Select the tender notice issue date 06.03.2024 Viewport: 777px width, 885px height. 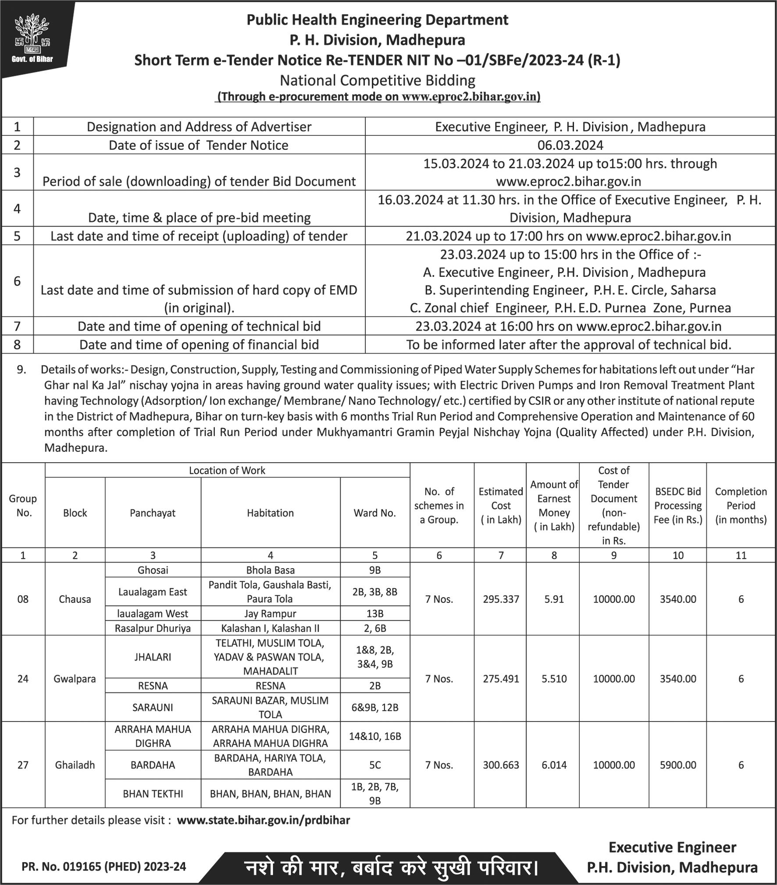(570, 145)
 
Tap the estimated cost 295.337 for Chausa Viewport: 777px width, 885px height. (501, 599)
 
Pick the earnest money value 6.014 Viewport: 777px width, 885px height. (554, 765)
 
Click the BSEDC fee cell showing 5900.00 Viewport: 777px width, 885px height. (678, 765)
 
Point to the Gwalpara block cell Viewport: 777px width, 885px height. (75, 679)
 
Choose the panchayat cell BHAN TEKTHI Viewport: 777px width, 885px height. (153, 794)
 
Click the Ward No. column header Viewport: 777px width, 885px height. (374, 513)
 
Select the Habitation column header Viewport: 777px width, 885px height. (270, 513)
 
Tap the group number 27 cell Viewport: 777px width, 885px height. (23, 765)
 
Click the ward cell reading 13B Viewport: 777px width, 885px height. (374, 613)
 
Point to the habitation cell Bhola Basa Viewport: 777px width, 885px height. (270, 570)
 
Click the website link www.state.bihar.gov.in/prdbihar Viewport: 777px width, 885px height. (263, 820)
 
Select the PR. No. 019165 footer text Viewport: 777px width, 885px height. (104, 866)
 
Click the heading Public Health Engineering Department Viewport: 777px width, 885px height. (377, 20)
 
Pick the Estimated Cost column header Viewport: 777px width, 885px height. (501, 505)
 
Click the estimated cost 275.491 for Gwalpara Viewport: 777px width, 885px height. (501, 679)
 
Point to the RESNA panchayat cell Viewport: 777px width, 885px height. (153, 686)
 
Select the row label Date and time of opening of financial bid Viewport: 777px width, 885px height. (199, 345)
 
